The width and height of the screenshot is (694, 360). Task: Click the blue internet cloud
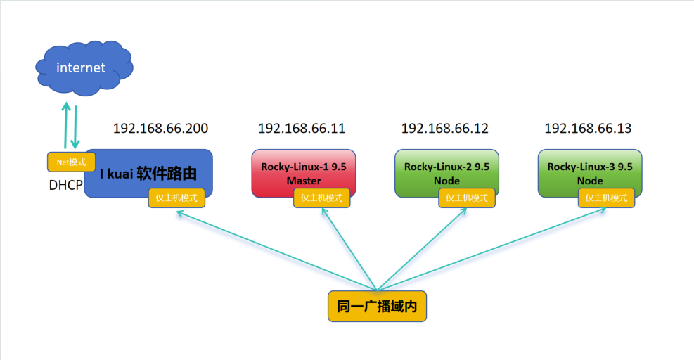click(x=83, y=67)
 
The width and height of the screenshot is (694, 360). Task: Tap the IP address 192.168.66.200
click(x=160, y=129)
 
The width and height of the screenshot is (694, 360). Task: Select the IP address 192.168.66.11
click(x=302, y=129)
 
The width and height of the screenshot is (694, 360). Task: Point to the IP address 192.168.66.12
click(x=444, y=129)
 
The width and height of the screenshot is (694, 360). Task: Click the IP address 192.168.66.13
click(x=588, y=129)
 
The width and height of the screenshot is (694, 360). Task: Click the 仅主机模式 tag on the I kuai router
click(x=176, y=198)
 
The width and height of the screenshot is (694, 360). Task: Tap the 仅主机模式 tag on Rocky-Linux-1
click(x=322, y=198)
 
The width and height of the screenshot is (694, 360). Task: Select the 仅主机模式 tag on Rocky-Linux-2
click(x=467, y=198)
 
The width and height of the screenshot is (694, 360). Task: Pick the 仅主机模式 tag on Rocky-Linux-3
click(x=606, y=198)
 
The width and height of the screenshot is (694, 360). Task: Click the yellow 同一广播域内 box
click(x=377, y=307)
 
